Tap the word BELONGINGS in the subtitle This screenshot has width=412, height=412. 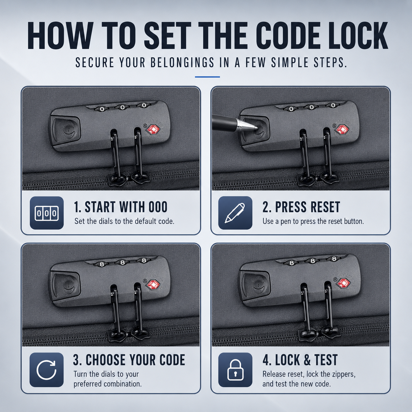(x=182, y=62)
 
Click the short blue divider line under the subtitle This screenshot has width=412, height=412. (x=207, y=77)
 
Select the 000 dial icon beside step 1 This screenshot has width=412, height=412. (x=47, y=213)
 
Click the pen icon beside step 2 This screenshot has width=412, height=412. (x=235, y=213)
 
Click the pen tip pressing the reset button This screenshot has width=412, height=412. (x=256, y=127)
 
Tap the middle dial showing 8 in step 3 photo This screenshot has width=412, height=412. (x=122, y=262)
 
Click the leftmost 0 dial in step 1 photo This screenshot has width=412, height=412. (x=102, y=109)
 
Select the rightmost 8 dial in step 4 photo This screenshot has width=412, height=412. (x=333, y=259)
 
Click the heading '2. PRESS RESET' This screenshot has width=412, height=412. (x=301, y=207)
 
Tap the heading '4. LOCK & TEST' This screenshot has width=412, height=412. (x=300, y=360)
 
